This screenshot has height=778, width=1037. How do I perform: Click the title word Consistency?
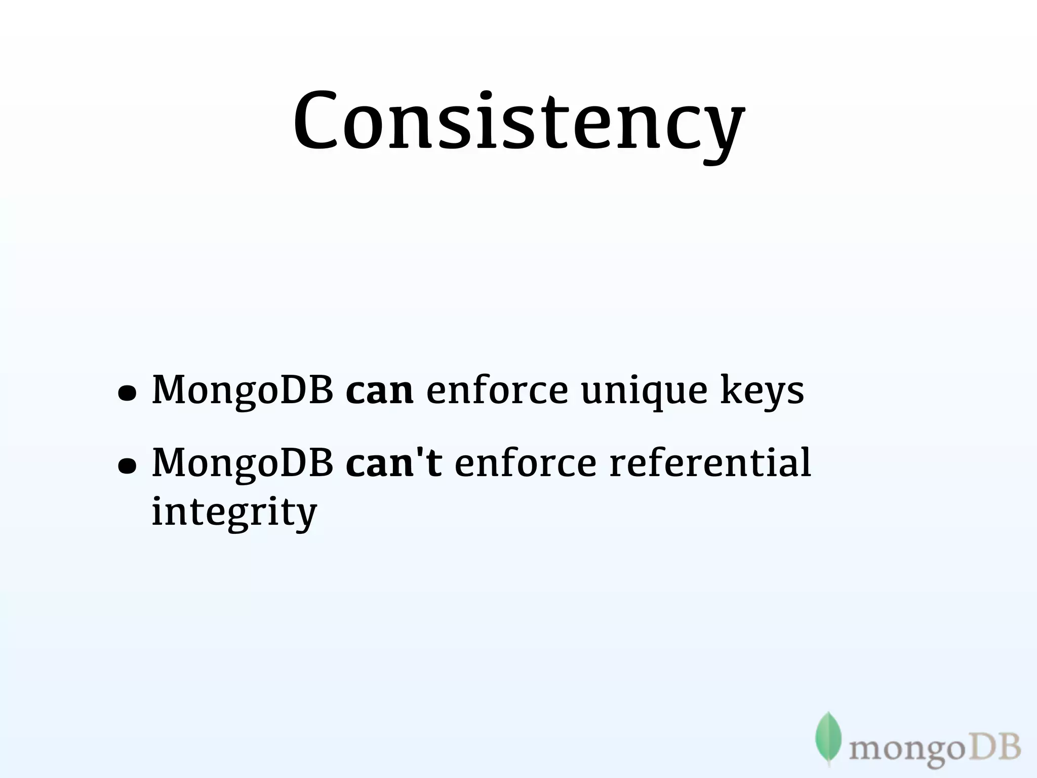click(x=518, y=122)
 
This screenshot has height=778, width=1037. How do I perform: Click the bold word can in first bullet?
click(x=379, y=391)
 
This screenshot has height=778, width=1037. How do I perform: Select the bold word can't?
click(x=393, y=463)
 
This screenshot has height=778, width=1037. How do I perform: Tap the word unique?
click(x=644, y=392)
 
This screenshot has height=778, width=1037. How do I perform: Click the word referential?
click(x=710, y=463)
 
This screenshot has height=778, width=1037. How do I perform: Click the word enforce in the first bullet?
click(x=497, y=391)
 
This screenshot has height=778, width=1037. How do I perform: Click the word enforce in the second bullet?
click(x=526, y=463)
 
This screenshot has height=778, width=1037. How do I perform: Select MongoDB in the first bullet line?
click(x=243, y=392)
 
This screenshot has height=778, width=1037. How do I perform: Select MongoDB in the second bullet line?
click(x=243, y=463)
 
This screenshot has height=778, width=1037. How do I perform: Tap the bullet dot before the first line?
click(x=127, y=393)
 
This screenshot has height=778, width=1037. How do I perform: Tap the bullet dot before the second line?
click(x=127, y=466)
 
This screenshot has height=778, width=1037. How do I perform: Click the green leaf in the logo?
click(x=828, y=737)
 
